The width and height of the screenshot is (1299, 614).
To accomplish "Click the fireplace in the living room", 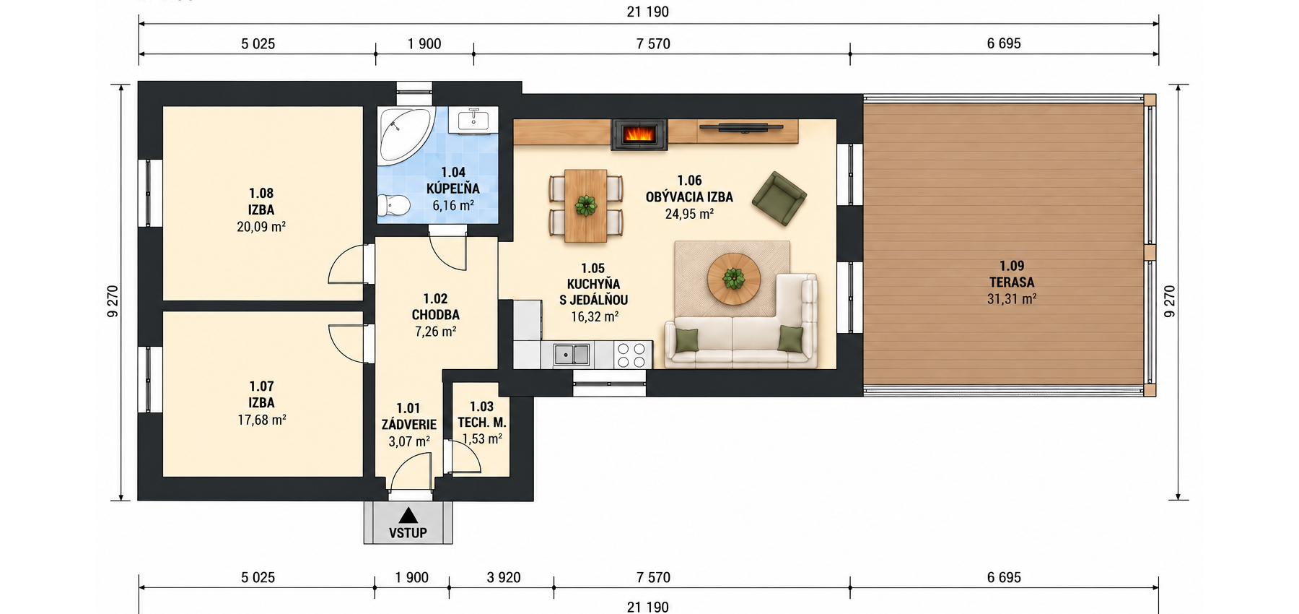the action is point(639,134).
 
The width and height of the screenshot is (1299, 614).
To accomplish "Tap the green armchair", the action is point(779,198).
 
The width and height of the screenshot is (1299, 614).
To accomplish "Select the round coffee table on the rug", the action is point(733,278).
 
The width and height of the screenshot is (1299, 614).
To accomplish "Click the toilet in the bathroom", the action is point(393,206).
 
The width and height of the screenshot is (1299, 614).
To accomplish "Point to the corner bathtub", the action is point(403,135).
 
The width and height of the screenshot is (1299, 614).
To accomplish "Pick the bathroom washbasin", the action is point(473,120).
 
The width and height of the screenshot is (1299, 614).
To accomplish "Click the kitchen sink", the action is point(572,355).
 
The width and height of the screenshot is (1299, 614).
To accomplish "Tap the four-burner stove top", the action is point(633,355).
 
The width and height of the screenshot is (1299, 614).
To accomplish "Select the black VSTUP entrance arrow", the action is point(408,516).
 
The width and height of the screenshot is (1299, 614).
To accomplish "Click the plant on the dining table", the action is point(586,206).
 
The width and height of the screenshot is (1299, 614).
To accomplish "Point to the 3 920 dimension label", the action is point(504,578).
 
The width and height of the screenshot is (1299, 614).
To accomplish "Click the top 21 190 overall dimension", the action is point(648,12).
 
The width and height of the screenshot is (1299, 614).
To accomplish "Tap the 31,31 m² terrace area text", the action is point(1012,299).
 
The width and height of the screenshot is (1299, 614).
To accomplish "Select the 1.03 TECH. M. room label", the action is point(482,415).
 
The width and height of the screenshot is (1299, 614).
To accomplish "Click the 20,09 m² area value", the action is point(261,227).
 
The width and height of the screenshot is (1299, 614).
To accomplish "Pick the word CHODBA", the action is point(436,315).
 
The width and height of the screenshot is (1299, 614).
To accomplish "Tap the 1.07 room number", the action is point(261,386).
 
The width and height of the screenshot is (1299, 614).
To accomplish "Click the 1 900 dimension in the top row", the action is point(424,44).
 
